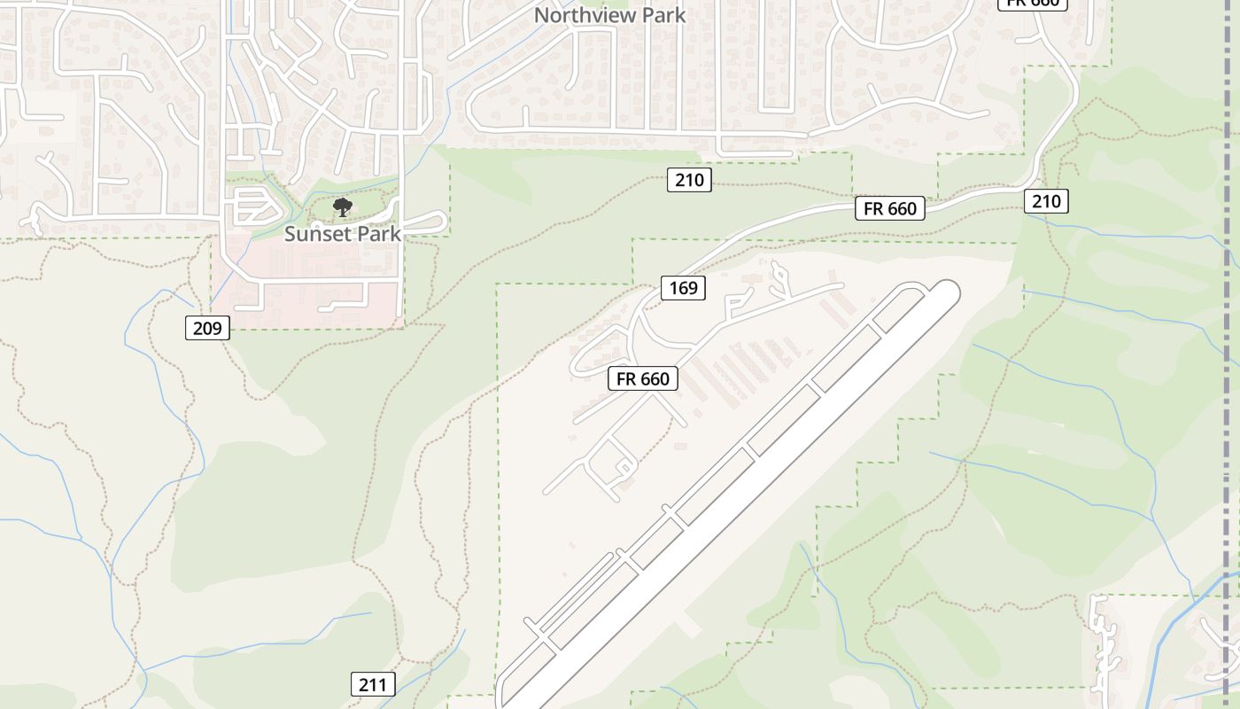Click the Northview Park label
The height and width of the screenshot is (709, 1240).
(x=609, y=14)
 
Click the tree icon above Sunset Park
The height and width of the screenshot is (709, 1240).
(x=342, y=207)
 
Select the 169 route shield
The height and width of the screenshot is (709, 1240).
(x=683, y=287)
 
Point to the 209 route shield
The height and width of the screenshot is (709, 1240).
(x=207, y=328)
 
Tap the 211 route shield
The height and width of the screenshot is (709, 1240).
(x=373, y=684)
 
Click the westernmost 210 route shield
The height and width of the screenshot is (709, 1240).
(x=688, y=180)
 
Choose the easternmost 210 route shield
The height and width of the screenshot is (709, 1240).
(x=1046, y=201)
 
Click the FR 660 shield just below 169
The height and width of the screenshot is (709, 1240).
(x=643, y=378)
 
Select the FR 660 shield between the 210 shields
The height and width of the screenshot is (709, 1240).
(x=889, y=208)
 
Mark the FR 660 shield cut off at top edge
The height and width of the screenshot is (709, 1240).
(x=1033, y=4)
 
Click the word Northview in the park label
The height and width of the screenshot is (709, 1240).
(x=575, y=14)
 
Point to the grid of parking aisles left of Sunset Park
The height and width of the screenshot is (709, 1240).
(x=252, y=206)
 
